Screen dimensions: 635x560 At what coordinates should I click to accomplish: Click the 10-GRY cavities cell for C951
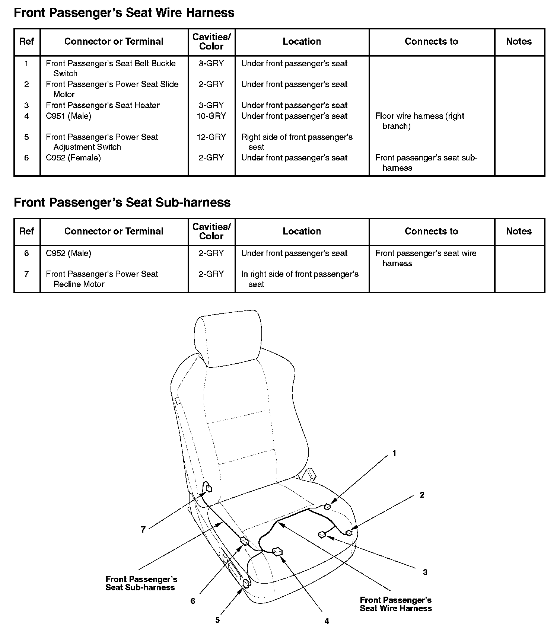211,116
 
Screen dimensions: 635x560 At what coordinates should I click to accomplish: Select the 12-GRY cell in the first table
211,137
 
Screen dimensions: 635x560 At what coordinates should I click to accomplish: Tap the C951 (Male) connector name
69,116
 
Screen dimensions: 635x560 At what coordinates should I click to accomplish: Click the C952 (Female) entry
73,158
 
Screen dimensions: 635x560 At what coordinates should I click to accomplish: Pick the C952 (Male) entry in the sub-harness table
69,253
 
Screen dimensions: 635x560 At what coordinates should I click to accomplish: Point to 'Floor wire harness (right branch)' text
420,121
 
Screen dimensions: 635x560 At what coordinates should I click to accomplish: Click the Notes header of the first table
519,42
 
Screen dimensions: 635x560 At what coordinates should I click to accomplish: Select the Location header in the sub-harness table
302,232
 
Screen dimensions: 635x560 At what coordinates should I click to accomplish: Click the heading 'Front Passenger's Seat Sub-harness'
122,202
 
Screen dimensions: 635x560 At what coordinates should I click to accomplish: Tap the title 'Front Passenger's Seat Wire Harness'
124,13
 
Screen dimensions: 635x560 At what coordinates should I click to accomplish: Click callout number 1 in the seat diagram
394,453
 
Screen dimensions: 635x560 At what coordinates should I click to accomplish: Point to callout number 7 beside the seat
143,530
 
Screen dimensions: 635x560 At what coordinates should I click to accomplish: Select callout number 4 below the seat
327,621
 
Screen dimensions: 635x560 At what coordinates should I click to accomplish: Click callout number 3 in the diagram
425,572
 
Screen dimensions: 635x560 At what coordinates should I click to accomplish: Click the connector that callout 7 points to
209,488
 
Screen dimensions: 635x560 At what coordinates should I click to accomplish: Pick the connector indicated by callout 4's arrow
277,551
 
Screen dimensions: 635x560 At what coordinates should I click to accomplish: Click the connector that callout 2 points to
349,533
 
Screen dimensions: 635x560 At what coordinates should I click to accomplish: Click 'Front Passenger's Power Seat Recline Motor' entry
102,279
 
